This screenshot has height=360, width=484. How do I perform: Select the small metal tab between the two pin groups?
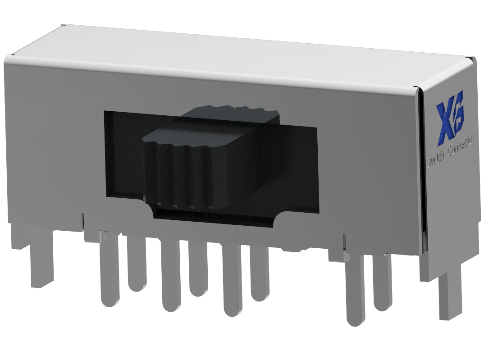293,248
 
